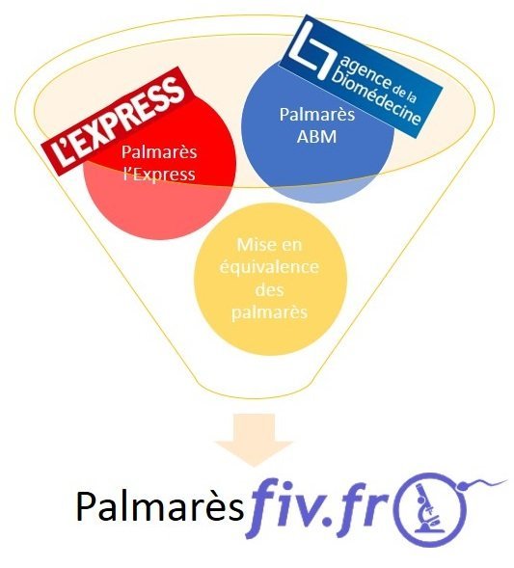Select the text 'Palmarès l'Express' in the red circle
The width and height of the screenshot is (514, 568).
(x=159, y=163)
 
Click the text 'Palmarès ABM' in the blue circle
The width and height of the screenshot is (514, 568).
(x=317, y=125)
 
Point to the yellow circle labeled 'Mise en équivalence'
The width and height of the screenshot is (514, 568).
(x=270, y=280)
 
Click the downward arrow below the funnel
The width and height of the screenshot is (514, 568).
(x=255, y=440)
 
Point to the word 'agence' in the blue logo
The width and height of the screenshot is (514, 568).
(x=365, y=70)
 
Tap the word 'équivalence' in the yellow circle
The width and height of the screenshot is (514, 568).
(x=269, y=268)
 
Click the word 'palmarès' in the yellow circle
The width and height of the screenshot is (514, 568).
(x=269, y=312)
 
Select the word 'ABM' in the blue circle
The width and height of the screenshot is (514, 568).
(x=316, y=137)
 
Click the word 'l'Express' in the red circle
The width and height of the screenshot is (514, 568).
(x=159, y=175)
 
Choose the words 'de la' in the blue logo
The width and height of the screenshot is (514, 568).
(x=404, y=92)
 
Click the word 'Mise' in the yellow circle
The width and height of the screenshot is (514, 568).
(x=251, y=245)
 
